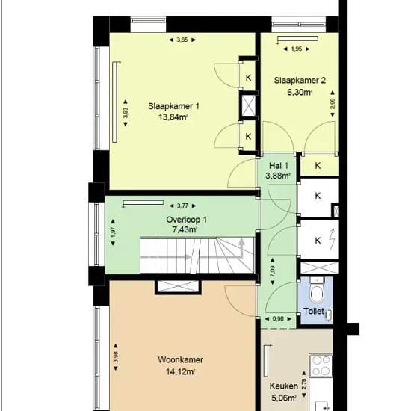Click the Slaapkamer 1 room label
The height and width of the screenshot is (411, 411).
click(x=173, y=106)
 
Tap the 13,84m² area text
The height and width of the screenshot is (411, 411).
click(x=173, y=117)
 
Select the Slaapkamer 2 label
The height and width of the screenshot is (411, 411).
click(x=300, y=80)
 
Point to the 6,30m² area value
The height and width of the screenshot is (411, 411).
click(x=300, y=92)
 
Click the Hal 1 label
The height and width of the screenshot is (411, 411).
click(x=279, y=166)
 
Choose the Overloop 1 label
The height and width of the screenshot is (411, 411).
click(x=186, y=220)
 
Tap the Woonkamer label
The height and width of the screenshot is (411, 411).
click(x=180, y=359)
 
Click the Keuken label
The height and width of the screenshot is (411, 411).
click(x=284, y=386)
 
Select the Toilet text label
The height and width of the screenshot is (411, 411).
click(x=314, y=311)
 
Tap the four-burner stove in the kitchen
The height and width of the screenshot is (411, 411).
click(x=321, y=365)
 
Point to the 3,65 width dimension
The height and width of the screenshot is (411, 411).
click(x=182, y=40)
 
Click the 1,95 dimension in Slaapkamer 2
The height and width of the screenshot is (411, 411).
click(x=297, y=49)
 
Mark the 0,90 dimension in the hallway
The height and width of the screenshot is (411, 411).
click(x=278, y=319)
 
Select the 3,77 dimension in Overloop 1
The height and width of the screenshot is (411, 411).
click(x=182, y=205)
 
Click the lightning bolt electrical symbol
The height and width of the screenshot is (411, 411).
click(x=332, y=240)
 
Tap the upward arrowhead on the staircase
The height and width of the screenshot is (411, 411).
click(x=241, y=241)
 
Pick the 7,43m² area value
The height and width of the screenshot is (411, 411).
click(x=185, y=229)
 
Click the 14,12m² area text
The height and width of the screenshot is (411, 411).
click(x=180, y=371)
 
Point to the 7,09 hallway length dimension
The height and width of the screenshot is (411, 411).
click(x=273, y=271)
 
